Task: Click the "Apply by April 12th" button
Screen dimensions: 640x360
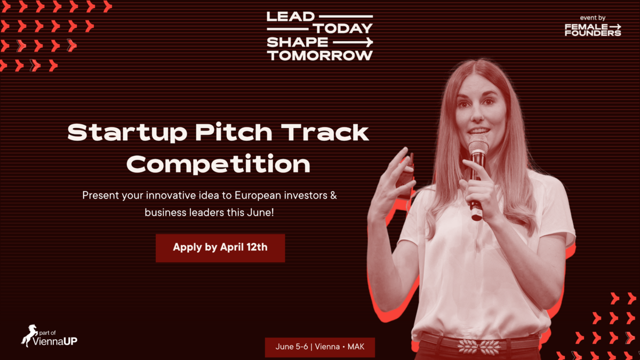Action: click(x=220, y=248)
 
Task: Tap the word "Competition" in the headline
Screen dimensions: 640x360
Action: click(x=219, y=164)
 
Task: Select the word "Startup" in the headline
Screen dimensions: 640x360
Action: click(x=127, y=133)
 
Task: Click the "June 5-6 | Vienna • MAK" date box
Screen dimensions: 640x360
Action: click(x=319, y=347)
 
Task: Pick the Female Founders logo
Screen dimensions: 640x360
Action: click(x=593, y=30)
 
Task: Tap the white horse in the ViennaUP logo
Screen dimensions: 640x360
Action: click(x=29, y=335)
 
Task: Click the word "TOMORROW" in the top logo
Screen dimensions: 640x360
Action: click(x=320, y=55)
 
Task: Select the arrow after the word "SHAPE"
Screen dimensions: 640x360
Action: click(x=353, y=42)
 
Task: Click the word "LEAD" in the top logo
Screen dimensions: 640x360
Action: click(x=291, y=17)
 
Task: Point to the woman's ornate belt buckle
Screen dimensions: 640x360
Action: click(x=479, y=347)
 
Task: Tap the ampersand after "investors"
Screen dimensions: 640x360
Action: click(x=333, y=195)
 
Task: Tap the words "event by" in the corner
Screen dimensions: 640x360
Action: click(x=593, y=18)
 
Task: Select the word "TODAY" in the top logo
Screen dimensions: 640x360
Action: click(x=343, y=29)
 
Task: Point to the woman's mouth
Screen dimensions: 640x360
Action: click(x=478, y=131)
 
